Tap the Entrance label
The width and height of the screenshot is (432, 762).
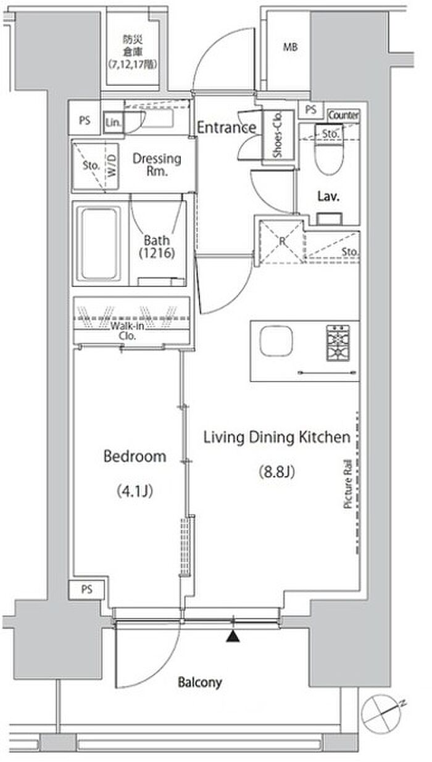tap(226, 127)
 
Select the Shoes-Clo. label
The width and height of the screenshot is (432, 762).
tap(278, 135)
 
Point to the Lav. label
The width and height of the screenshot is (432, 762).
tap(328, 196)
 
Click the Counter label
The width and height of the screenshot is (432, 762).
tap(343, 115)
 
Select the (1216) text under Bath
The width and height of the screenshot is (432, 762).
tap(157, 253)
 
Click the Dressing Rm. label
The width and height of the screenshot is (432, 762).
tap(157, 164)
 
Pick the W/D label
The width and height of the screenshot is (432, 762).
tap(112, 165)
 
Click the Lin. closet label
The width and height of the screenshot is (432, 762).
tap(113, 122)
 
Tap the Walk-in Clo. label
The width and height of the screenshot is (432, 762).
tap(127, 330)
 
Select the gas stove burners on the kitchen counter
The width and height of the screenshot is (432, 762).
tap(338, 343)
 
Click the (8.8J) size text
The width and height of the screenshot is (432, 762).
tap(276, 472)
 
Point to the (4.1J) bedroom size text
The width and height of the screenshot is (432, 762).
tap(135, 491)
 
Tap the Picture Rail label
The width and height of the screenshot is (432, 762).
tap(347, 484)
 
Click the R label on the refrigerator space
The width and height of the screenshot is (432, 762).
tap(283, 241)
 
